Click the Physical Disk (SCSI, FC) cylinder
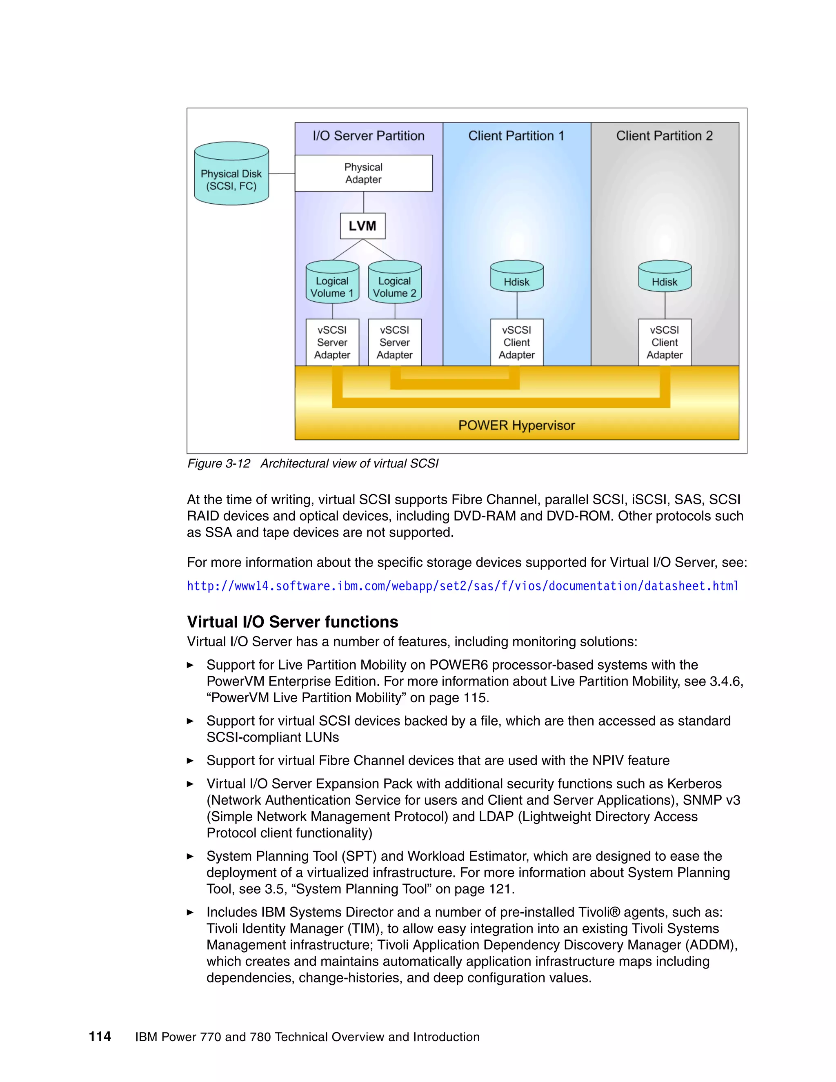pos(231,174)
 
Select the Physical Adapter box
pos(364,174)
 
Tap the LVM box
pos(362,226)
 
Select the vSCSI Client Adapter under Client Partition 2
pos(665,342)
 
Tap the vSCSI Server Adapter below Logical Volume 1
pos(332,342)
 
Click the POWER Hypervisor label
pos(516,425)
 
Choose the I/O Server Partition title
pos(369,136)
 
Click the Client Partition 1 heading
pos(516,136)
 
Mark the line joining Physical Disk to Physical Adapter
pos(282,174)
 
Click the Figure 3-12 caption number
pos(219,464)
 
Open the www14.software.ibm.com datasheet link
pos(462,586)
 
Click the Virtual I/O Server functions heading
pos(292,622)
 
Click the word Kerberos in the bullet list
pos(694,784)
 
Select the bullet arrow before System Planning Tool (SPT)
pos(190,856)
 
